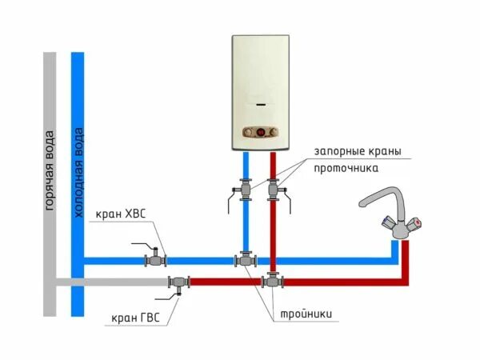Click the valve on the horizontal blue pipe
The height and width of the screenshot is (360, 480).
(154, 258)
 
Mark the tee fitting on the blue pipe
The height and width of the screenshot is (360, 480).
(244, 259)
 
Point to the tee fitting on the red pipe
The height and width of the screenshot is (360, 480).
(273, 281)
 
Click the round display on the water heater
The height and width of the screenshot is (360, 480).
(259, 131)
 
